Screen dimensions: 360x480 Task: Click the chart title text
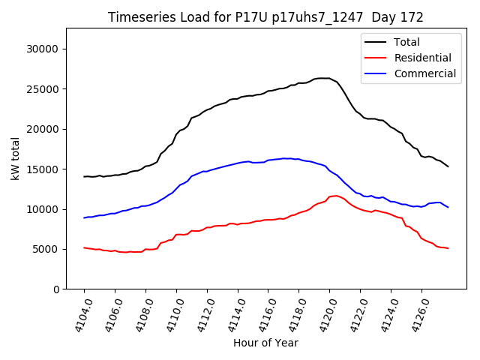point(265,17)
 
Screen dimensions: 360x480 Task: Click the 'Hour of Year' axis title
point(265,343)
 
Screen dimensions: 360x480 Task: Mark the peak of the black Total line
point(324,78)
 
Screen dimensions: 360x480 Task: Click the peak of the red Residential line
point(335,195)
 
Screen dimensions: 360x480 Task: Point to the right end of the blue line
point(448,207)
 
